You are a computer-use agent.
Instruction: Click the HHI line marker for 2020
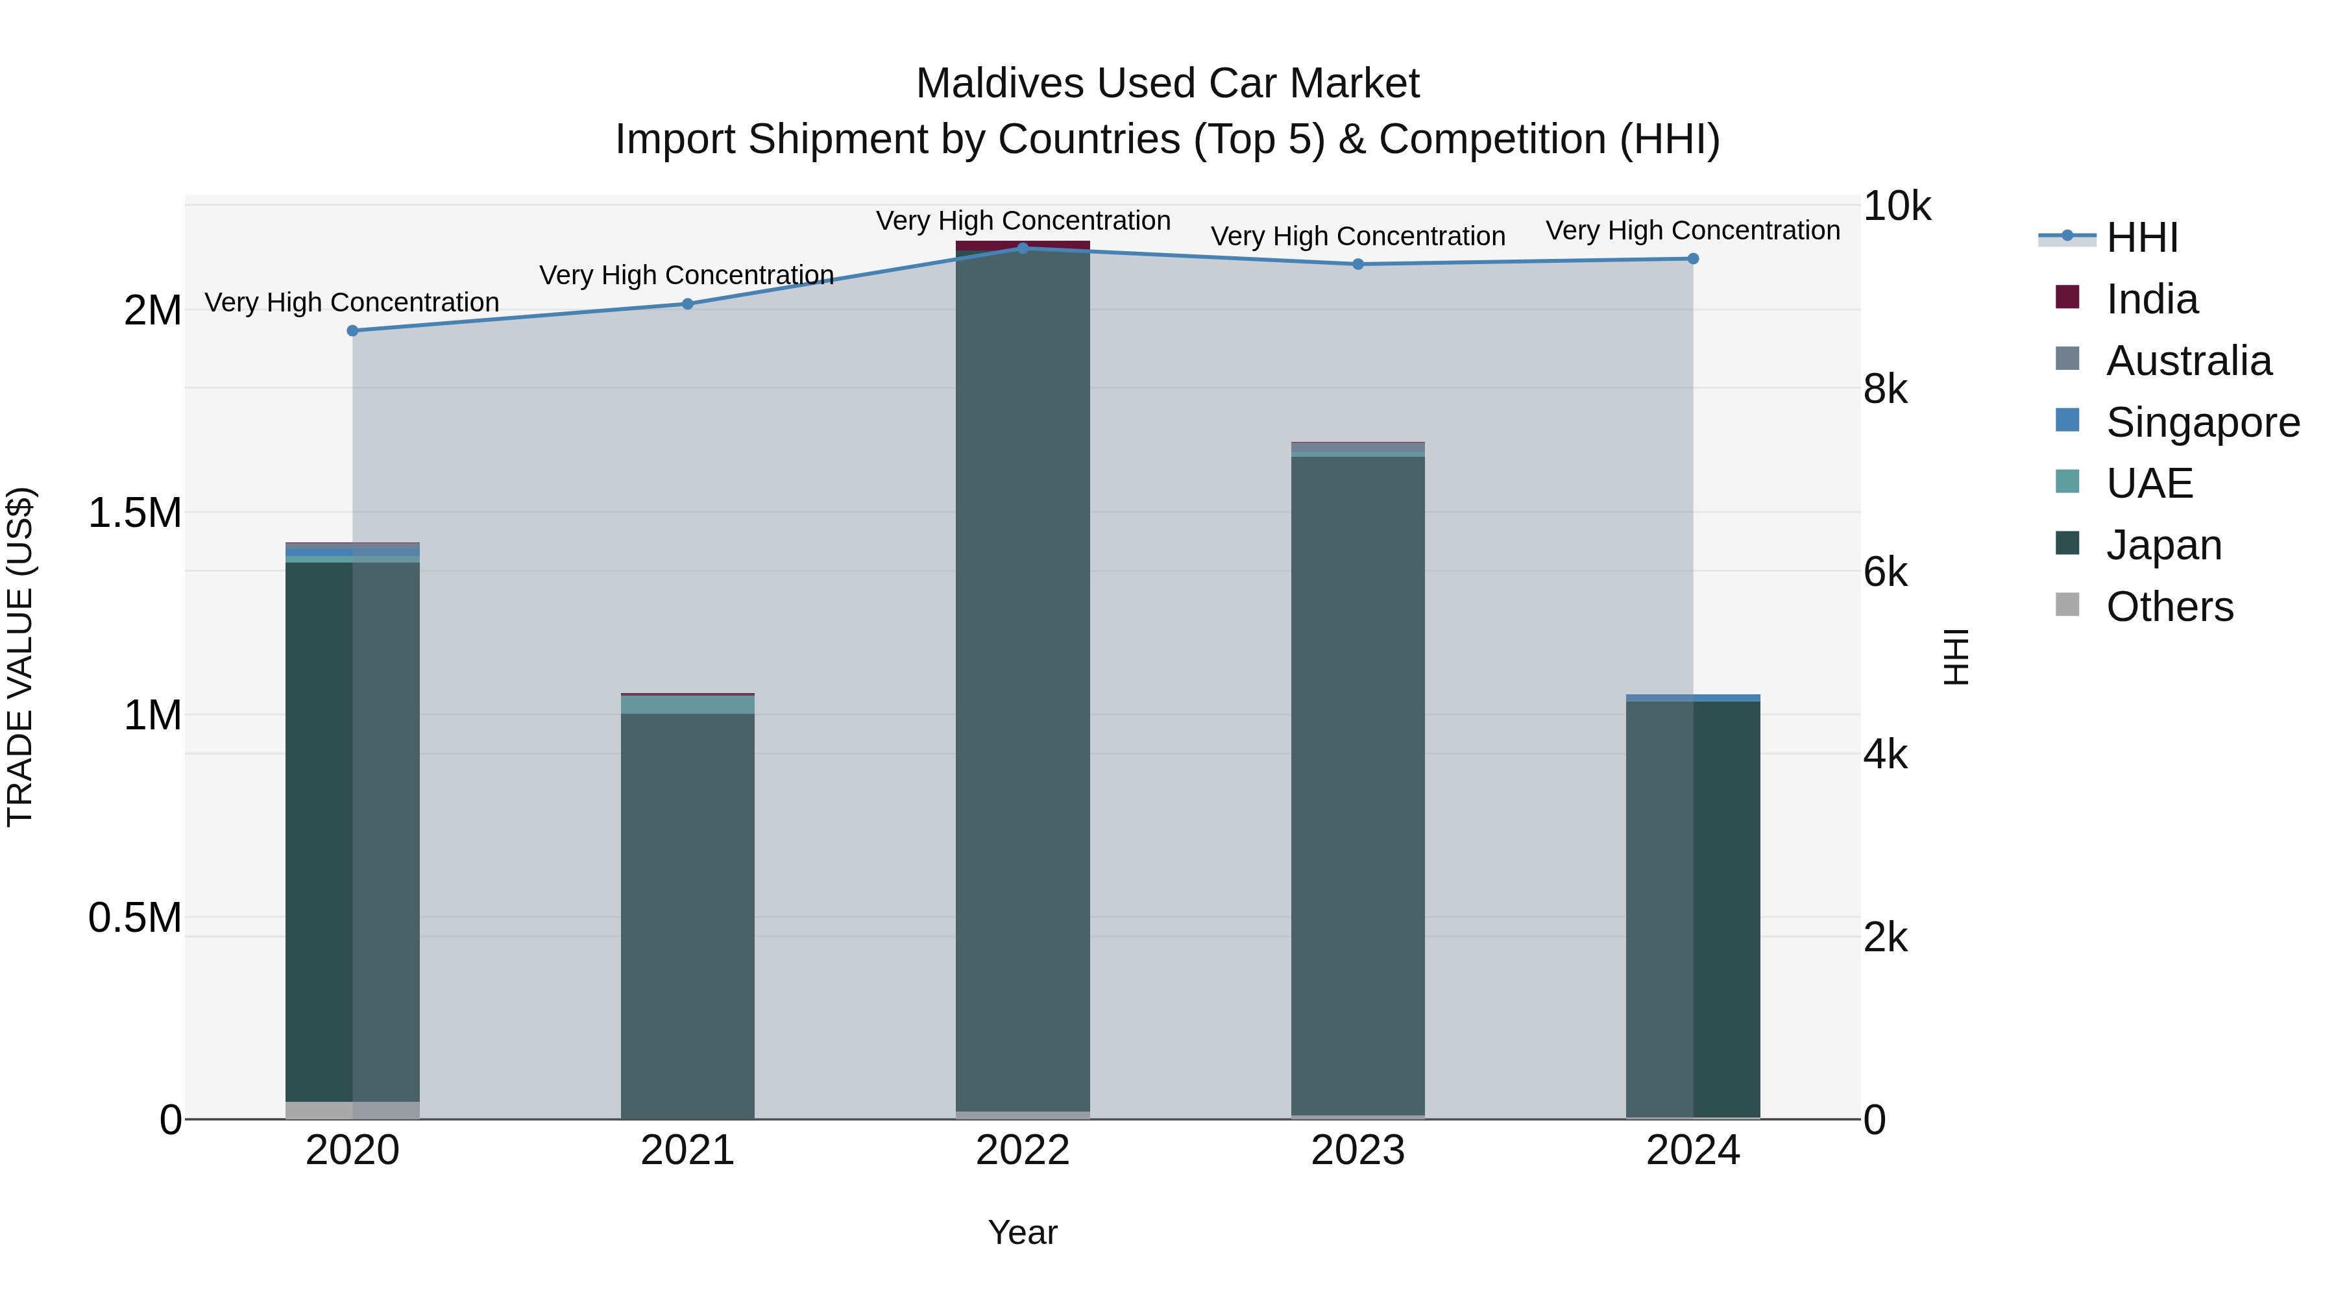(x=353, y=331)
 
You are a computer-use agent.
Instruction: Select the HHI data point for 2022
(x=1023, y=249)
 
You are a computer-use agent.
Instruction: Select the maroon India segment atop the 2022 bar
(x=1023, y=245)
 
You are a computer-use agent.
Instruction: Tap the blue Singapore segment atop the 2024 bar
(x=1692, y=698)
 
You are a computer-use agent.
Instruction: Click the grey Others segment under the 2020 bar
(x=353, y=1110)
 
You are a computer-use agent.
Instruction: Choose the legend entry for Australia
(x=2188, y=361)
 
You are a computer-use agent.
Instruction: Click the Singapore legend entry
(x=2202, y=422)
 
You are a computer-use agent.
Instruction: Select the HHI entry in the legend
(x=2141, y=237)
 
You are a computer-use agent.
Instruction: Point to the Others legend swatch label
(x=2169, y=607)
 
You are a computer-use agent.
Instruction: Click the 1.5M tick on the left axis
(x=135, y=513)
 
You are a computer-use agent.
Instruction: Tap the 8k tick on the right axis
(x=1885, y=390)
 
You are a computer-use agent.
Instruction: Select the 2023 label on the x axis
(x=1357, y=1150)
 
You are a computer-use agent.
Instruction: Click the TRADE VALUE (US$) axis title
(x=21, y=657)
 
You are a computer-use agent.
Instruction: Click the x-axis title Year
(x=1022, y=1232)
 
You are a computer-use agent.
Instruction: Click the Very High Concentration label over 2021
(x=687, y=274)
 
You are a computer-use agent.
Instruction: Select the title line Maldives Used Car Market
(x=1167, y=84)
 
